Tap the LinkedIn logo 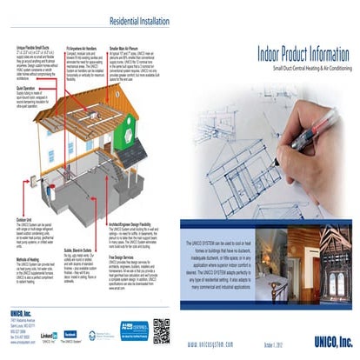point(48,335)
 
